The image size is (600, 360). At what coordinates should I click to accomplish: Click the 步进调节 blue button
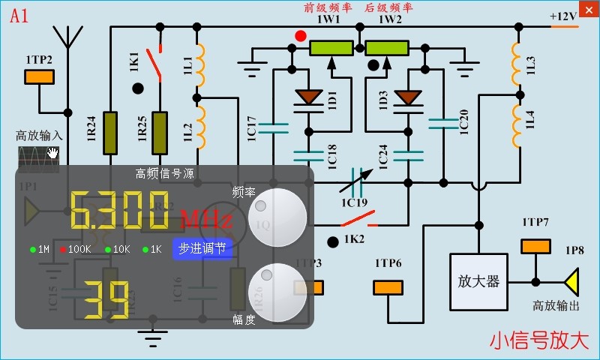[x=204, y=249]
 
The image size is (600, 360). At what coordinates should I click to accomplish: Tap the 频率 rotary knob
[x=277, y=217]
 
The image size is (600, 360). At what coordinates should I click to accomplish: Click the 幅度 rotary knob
[x=277, y=292]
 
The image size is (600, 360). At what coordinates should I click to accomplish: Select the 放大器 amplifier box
[x=478, y=281]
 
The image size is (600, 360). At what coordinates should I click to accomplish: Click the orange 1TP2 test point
[x=39, y=76]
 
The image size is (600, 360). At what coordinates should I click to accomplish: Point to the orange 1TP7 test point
[x=535, y=246]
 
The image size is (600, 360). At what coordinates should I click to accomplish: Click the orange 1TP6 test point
[x=388, y=287]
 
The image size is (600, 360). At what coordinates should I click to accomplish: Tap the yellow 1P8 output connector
[x=573, y=282]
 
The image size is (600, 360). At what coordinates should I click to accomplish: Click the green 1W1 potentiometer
[x=331, y=48]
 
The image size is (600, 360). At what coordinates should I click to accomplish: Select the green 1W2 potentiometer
[x=387, y=48]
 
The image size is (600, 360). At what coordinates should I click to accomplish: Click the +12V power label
[x=562, y=16]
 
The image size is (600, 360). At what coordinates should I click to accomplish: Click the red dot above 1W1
[x=301, y=35]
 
